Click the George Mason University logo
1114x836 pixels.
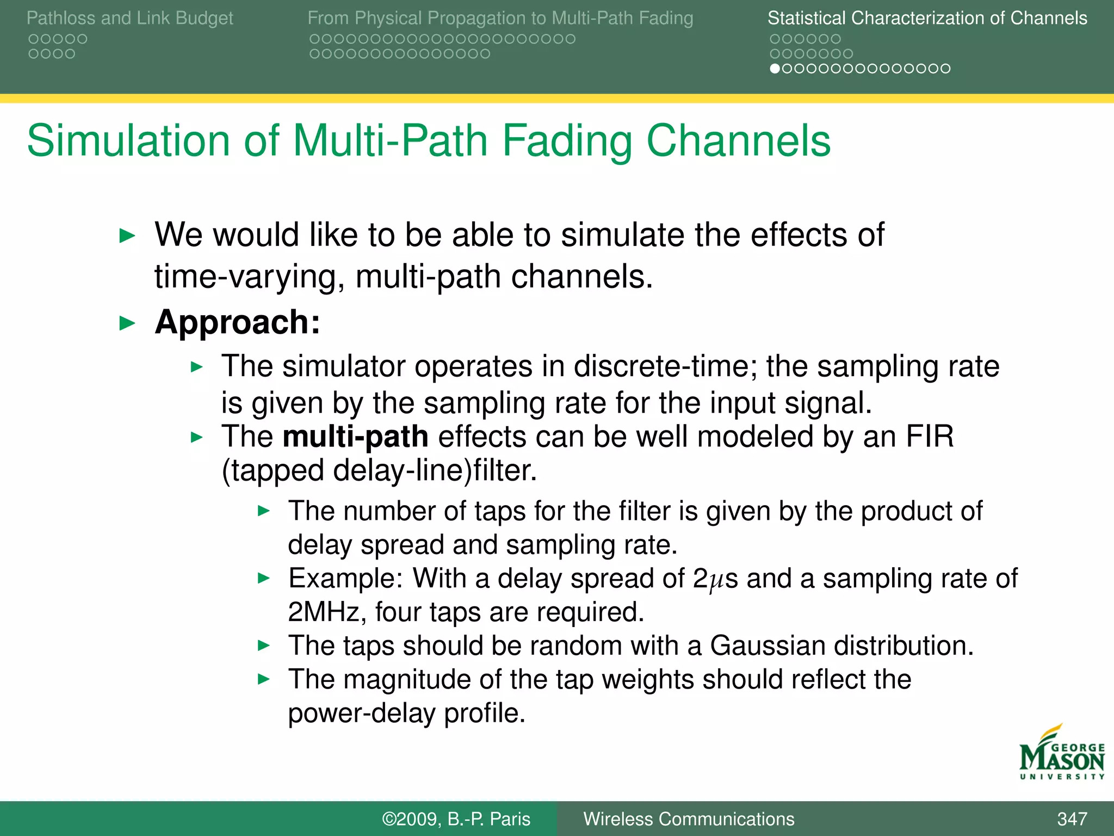click(x=1062, y=754)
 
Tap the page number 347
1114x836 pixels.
click(x=1072, y=819)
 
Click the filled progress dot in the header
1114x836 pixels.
click(x=775, y=69)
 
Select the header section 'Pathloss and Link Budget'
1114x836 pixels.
click(x=129, y=18)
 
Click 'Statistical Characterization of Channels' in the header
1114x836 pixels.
click(x=927, y=18)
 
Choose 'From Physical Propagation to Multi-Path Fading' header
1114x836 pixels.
click(x=500, y=18)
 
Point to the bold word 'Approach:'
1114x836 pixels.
click(x=237, y=322)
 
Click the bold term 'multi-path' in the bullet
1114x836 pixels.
click(x=355, y=437)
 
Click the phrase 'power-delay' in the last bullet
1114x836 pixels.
click(x=361, y=713)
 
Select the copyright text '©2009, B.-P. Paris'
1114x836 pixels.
click(x=456, y=819)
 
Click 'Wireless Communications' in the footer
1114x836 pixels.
click(x=689, y=819)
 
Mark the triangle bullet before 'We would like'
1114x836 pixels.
click(x=127, y=236)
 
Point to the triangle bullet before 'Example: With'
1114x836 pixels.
click(x=263, y=578)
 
